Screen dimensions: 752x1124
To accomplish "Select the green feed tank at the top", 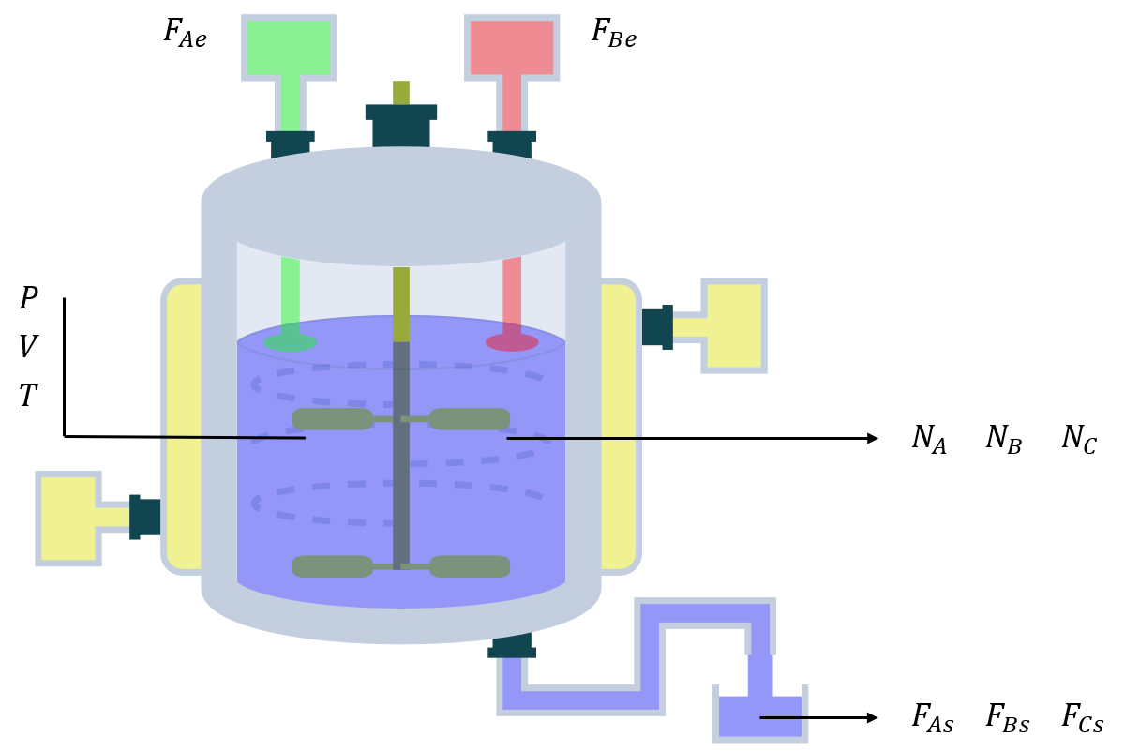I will coord(289,46).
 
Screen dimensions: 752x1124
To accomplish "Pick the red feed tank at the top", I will coord(512,46).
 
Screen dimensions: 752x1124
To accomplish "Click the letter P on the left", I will coord(29,299).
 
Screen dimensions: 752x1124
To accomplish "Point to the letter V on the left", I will coord(29,348).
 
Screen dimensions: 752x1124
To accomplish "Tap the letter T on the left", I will coord(29,397).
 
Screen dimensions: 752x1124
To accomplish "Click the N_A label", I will coord(929,439).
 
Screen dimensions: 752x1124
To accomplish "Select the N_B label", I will coord(1003,439).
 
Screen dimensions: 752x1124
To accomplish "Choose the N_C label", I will coord(1078,439).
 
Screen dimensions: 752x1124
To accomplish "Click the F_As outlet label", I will coord(933,718).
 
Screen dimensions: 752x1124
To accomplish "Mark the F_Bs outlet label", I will coord(1008,718).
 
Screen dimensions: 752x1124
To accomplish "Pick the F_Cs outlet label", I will coord(1083,718).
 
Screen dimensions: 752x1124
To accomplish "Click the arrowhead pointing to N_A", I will coord(873,438).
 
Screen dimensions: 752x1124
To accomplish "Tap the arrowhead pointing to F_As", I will coord(873,718).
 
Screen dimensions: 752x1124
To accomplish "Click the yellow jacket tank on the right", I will coord(735,325).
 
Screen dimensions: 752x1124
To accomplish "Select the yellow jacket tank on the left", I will coord(67,518).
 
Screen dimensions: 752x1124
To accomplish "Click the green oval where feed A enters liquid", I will coord(290,342).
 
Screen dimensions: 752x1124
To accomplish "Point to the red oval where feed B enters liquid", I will coord(512,342).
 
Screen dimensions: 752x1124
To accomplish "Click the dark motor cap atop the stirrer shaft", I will coord(401,124).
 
